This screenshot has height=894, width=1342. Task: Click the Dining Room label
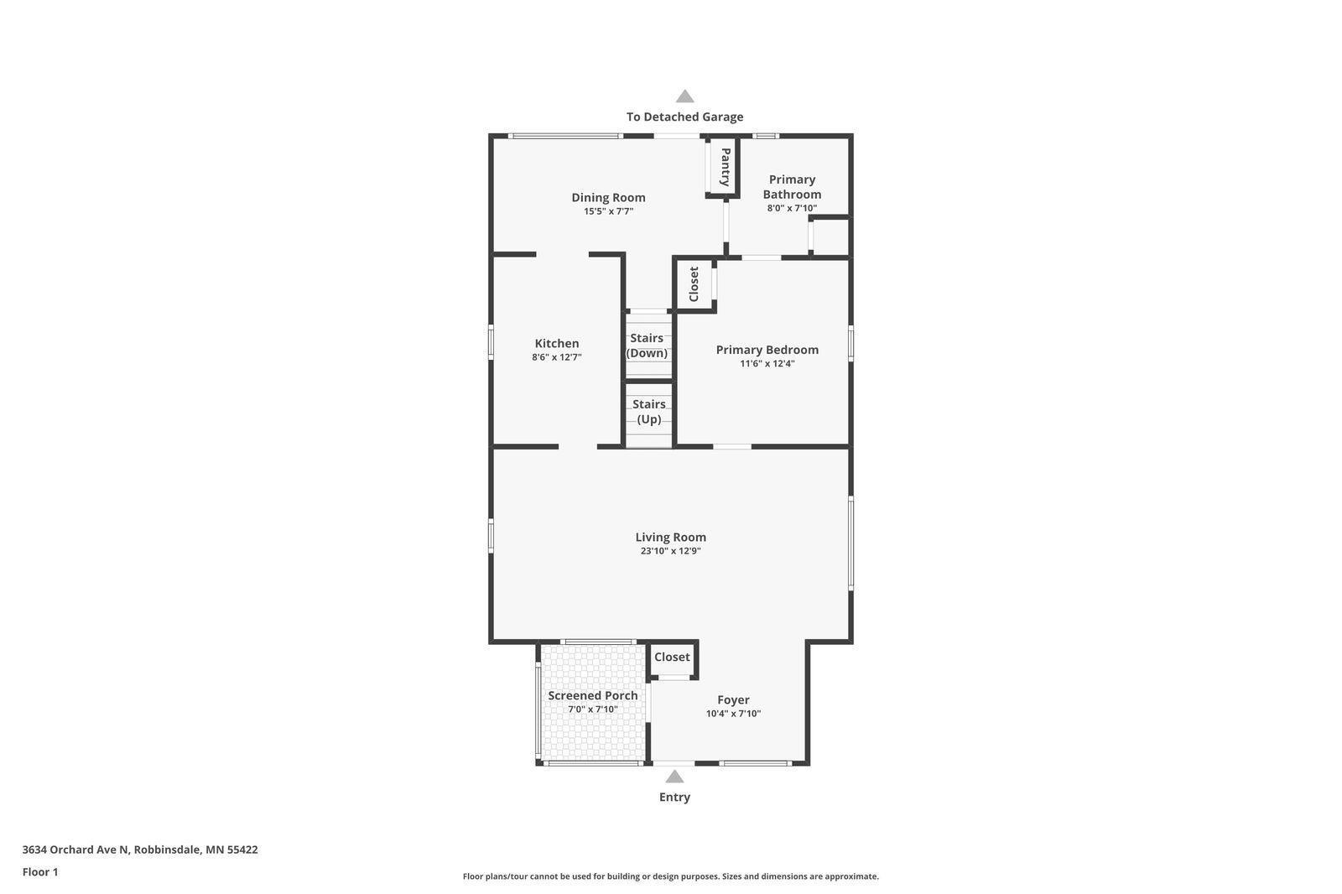coord(608,197)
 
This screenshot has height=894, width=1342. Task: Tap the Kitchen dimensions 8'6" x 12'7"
coord(557,357)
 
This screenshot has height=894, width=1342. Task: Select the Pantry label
coord(725,167)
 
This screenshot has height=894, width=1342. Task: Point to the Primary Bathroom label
coord(792,187)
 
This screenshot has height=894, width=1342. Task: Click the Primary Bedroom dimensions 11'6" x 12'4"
coord(767,363)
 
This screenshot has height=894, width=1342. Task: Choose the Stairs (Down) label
coord(647,346)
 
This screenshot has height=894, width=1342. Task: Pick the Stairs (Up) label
coord(649,412)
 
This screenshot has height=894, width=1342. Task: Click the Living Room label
coord(671,537)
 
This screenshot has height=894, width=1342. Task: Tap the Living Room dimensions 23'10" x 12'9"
coord(671,551)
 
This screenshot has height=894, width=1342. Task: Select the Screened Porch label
coord(593,695)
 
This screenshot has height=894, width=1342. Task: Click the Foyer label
coord(733,699)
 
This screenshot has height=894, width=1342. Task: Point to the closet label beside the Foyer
coord(672,657)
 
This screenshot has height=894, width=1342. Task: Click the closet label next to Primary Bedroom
coord(694,284)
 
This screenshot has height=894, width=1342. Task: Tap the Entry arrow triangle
coord(674,777)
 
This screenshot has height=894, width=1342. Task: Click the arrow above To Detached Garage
coord(684,96)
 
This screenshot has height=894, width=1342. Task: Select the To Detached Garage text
coord(684,117)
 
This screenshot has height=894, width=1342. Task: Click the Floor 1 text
coord(40,872)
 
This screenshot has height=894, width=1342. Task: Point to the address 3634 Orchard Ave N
coord(75,849)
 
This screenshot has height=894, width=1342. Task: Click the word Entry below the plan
coord(674,797)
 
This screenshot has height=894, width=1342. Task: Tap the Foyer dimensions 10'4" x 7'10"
coord(733,713)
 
